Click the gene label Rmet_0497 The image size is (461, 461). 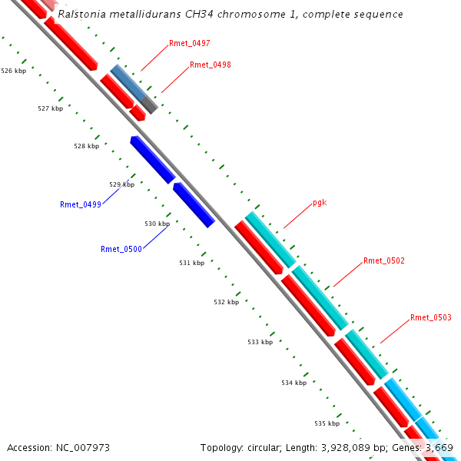[190, 44]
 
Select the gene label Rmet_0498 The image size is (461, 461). [211, 65]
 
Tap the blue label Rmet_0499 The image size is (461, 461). [81, 204]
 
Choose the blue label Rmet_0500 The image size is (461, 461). [121, 249]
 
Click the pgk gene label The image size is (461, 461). [320, 204]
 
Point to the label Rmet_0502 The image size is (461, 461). [384, 261]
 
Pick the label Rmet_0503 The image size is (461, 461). [431, 317]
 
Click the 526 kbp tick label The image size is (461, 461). [14, 71]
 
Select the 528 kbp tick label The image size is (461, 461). [86, 146]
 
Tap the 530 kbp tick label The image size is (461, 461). [157, 224]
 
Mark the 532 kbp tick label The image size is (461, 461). [226, 302]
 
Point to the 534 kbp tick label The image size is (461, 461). [294, 383]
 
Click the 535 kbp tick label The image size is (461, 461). [327, 423]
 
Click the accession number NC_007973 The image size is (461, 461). [85, 447]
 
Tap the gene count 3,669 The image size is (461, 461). [439, 447]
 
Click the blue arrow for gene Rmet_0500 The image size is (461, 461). [193, 204]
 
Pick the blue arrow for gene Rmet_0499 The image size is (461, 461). [152, 159]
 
